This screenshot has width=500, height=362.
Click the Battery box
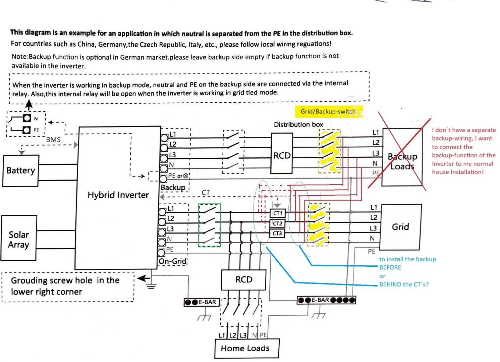click(21, 171)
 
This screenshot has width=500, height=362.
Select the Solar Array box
click(19, 238)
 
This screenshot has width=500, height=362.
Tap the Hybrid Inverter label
click(118, 195)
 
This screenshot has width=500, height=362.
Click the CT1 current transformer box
click(278, 213)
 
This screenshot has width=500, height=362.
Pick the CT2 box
click(277, 223)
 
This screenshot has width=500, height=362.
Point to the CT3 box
click(277, 234)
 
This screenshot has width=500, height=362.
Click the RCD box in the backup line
click(282, 153)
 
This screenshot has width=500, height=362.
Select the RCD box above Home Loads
click(244, 280)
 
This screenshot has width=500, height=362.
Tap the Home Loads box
click(247, 348)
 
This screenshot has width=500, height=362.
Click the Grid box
click(401, 227)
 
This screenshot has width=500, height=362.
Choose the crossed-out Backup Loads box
click(402, 157)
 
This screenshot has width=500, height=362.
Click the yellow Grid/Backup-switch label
click(329, 112)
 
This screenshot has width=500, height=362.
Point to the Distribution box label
click(299, 124)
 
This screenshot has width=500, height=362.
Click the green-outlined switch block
click(210, 225)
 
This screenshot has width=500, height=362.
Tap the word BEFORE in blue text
click(390, 267)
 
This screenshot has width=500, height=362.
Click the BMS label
click(53, 140)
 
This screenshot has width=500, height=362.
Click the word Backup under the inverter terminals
click(173, 188)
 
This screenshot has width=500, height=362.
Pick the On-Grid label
click(172, 261)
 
